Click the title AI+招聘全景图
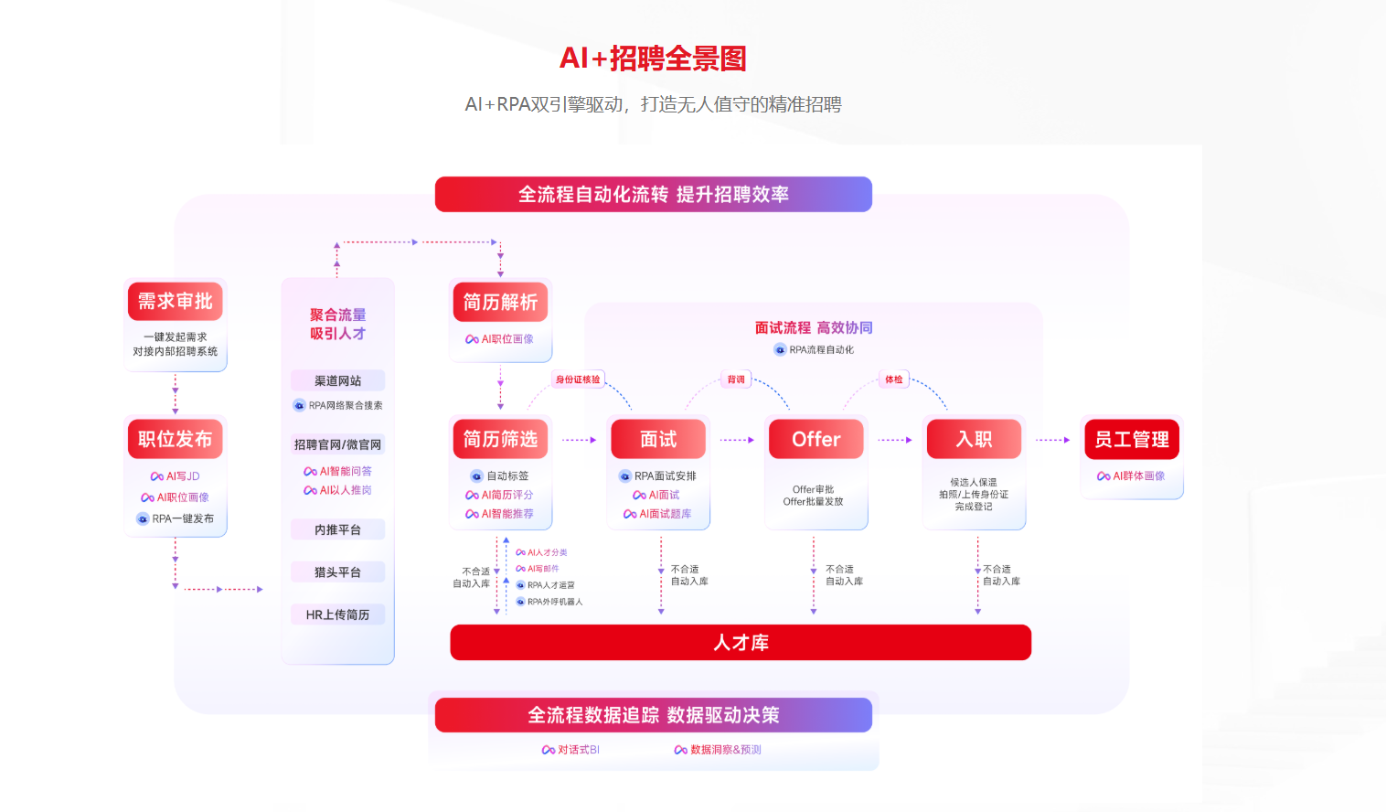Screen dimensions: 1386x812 click(653, 59)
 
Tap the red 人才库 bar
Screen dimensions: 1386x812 click(741, 643)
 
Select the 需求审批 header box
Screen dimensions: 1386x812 click(175, 301)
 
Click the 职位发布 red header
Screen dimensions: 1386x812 click(175, 439)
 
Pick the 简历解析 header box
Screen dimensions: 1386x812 click(500, 302)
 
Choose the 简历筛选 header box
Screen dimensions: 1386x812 click(500, 439)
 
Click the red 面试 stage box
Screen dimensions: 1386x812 click(658, 439)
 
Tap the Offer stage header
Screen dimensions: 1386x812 click(816, 439)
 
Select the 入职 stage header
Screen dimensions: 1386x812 click(974, 439)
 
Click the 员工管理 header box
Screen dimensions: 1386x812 click(1131, 439)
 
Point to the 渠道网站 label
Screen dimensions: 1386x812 click(337, 380)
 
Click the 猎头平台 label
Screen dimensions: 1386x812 click(337, 572)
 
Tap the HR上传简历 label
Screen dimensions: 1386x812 click(337, 614)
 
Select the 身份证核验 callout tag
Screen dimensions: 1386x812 click(578, 379)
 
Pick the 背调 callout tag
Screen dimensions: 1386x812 click(736, 379)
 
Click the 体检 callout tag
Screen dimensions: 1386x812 click(893, 379)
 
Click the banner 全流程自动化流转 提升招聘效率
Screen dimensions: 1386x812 click(653, 195)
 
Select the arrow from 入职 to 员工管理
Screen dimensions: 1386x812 click(1052, 440)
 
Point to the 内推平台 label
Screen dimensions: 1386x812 click(337, 529)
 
